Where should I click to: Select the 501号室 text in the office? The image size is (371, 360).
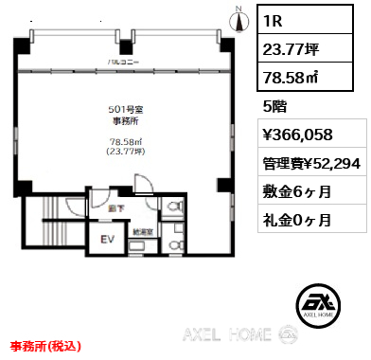[126, 109]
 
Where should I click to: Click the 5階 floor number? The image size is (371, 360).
[272, 105]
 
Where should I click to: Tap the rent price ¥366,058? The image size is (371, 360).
[303, 135]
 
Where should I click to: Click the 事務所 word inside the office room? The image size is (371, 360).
[126, 120]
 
